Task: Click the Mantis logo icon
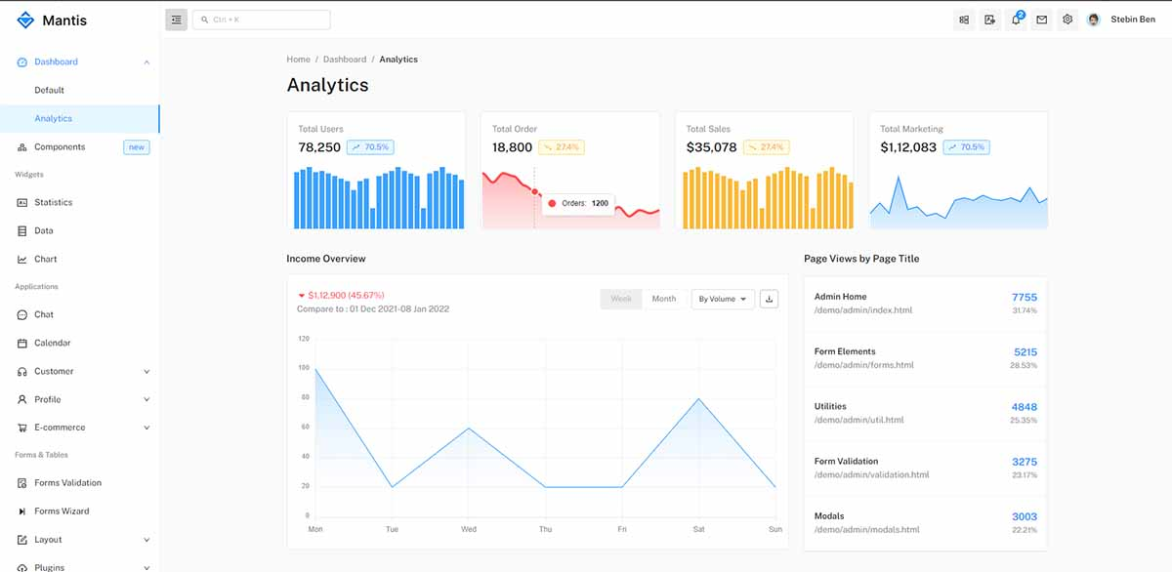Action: (x=25, y=20)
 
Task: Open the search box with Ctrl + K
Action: (x=261, y=20)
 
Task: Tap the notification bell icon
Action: (x=1016, y=20)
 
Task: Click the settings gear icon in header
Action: (x=1067, y=20)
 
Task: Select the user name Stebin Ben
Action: (x=1133, y=20)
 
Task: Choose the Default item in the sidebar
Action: (x=49, y=90)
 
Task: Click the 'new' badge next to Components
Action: (x=136, y=147)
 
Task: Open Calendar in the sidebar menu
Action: (x=52, y=343)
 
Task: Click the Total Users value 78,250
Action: (x=319, y=147)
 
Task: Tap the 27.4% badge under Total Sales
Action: (x=766, y=147)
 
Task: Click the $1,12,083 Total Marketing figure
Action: (x=907, y=147)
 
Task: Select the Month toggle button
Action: (x=663, y=299)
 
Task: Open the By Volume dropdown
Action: (x=723, y=299)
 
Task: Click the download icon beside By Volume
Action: (x=769, y=299)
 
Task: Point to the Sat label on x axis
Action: (x=698, y=529)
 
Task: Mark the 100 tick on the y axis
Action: (x=304, y=368)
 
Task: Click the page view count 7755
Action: (x=1024, y=297)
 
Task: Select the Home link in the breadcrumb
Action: (x=298, y=60)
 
